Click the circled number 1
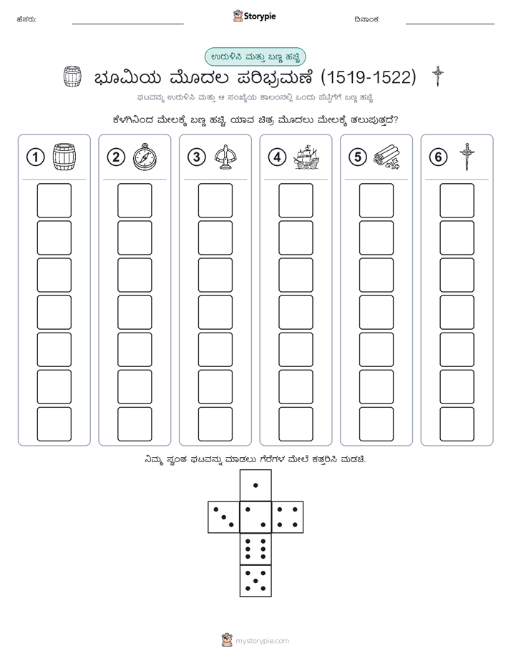click(x=35, y=157)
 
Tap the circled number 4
click(x=277, y=157)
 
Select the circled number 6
click(x=438, y=157)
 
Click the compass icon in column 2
click(x=145, y=157)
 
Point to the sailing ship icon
click(x=306, y=157)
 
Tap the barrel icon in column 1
click(x=64, y=157)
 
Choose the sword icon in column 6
click(x=467, y=157)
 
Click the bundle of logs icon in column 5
click(x=386, y=157)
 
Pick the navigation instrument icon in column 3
click(x=225, y=157)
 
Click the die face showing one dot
click(x=255, y=485)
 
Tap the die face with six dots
click(x=255, y=549)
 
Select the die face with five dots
click(x=255, y=580)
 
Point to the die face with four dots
click(x=288, y=517)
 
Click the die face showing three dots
click(x=224, y=517)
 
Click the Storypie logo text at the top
click(x=260, y=16)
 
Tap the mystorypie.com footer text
click(x=262, y=641)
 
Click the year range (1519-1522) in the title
click(x=369, y=77)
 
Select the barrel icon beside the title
click(x=72, y=77)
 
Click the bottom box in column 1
click(x=54, y=424)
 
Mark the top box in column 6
click(x=457, y=200)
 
